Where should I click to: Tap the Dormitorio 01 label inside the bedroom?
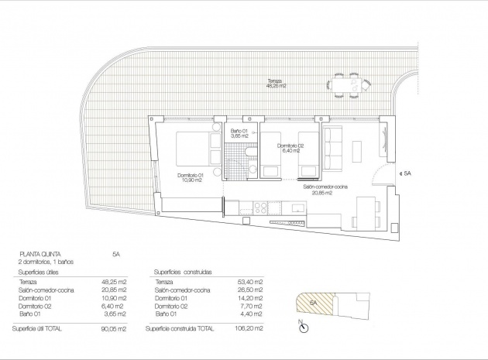(189, 178)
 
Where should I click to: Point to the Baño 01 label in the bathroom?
(239, 134)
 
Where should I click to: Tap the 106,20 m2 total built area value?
(248, 329)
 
